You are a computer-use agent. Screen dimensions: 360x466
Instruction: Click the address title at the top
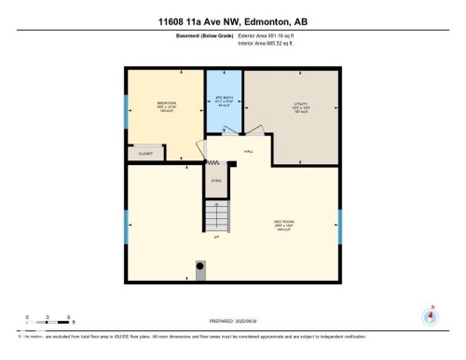pyautogui.click(x=232, y=21)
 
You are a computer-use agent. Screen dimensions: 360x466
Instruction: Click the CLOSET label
pyautogui.click(x=145, y=154)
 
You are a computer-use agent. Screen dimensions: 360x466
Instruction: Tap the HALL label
pyautogui.click(x=248, y=151)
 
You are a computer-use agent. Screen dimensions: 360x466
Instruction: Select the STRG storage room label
pyautogui.click(x=215, y=183)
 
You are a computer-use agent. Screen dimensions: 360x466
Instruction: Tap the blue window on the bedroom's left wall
pyautogui.click(x=127, y=113)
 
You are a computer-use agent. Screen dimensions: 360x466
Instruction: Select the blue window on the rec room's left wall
pyautogui.click(x=127, y=224)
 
